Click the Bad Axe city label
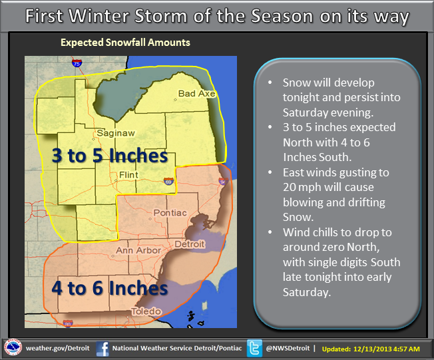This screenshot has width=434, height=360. [x=196, y=94]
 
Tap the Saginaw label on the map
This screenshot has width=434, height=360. [x=116, y=133]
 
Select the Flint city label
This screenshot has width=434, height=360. [x=128, y=175]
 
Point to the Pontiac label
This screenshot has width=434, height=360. [x=170, y=213]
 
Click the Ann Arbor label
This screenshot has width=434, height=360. [x=138, y=250]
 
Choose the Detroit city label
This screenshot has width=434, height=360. [x=190, y=244]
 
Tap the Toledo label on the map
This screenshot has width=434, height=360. [x=146, y=311]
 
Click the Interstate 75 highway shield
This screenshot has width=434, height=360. [x=77, y=63]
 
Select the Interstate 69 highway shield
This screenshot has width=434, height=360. [x=168, y=181]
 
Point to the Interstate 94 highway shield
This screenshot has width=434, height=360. [x=223, y=181]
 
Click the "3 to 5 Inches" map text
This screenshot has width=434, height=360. [x=110, y=155]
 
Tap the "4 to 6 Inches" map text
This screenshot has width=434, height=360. [x=110, y=287]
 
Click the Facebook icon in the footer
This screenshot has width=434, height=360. [x=103, y=349]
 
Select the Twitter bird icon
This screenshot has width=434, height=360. [x=254, y=348]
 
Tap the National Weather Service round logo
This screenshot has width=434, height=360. [x=13, y=347]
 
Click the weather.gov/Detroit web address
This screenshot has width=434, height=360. [x=57, y=348]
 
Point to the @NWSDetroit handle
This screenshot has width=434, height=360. [x=288, y=348]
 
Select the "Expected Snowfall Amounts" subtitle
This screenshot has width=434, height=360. [x=125, y=43]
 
